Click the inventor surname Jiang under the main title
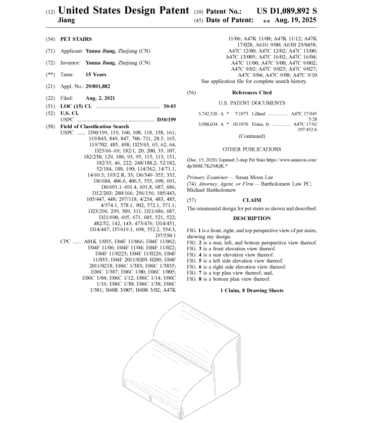pos(67,21)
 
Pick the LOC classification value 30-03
pos(169,107)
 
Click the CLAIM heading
pos(252,200)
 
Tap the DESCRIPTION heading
pos(252,219)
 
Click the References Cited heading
pos(251,92)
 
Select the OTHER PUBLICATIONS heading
pos(251,149)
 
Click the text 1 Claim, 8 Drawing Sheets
pos(252,290)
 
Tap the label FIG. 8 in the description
pos(194,279)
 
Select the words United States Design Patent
pos(124,11)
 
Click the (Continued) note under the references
pos(251,136)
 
